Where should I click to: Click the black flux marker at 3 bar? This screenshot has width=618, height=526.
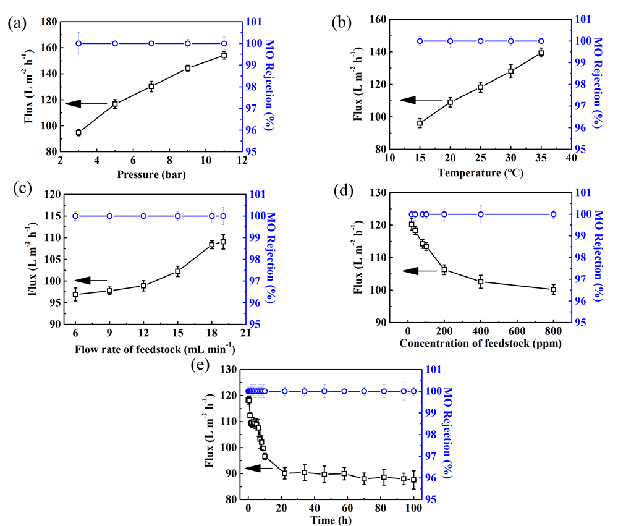(78, 133)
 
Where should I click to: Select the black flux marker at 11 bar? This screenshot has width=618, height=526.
(224, 55)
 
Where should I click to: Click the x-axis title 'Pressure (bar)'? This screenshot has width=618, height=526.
(151, 175)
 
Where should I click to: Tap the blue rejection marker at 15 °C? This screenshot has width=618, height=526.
(420, 41)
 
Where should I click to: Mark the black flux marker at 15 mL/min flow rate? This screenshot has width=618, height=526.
(177, 271)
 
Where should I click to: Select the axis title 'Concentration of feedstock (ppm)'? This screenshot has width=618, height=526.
(480, 344)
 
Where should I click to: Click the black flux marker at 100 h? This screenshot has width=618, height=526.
(413, 480)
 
